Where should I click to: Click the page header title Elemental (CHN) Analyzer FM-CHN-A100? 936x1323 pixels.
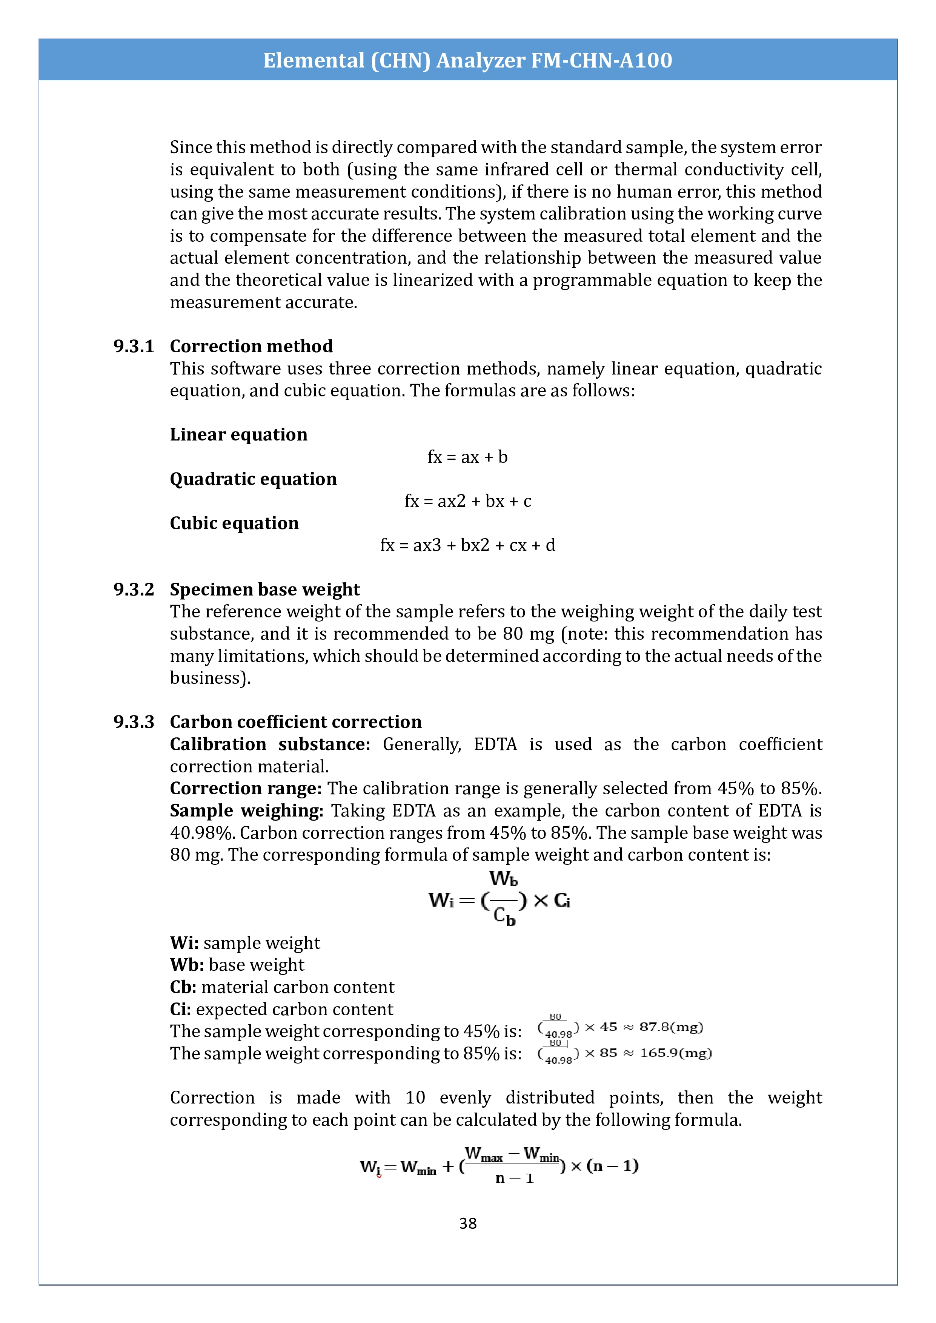(467, 60)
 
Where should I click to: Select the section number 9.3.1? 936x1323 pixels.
(134, 346)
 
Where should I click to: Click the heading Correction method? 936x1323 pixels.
(251, 346)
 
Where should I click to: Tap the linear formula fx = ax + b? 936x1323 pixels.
(467, 457)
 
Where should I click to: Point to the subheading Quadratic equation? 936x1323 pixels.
(253, 479)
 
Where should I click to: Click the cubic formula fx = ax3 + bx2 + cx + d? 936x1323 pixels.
(467, 545)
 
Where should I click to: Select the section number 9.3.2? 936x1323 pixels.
(134, 589)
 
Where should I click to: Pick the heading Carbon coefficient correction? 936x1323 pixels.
(296, 722)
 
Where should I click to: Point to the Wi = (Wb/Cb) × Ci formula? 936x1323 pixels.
(499, 900)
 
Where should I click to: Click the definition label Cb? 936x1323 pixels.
(183, 987)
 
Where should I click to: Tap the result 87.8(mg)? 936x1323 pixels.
(671, 1027)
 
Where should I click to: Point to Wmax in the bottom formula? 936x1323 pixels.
(484, 1154)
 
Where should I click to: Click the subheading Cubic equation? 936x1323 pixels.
(234, 523)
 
